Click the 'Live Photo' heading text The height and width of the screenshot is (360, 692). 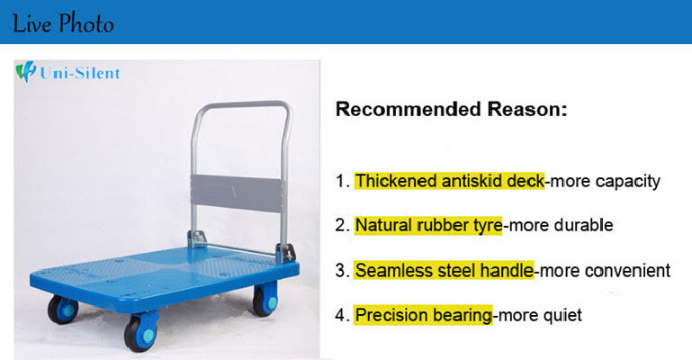[63, 23]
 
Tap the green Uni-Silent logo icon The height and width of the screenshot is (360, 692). [25, 72]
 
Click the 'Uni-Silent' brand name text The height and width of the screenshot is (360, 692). [80, 73]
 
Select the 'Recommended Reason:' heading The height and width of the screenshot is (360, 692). [451, 109]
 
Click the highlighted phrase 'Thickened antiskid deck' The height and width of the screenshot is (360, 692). [450, 181]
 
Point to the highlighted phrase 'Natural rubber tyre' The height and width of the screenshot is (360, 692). [428, 225]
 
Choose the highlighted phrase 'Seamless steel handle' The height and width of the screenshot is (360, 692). [445, 270]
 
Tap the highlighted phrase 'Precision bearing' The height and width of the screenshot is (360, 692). [424, 315]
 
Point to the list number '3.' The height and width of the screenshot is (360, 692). [343, 270]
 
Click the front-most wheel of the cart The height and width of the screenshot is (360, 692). [140, 332]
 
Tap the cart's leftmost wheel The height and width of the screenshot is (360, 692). [63, 310]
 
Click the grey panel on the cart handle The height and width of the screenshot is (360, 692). [237, 193]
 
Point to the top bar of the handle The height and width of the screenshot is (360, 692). [243, 105]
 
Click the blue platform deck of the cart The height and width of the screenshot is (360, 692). [164, 278]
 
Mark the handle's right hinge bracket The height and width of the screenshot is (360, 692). [285, 254]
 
